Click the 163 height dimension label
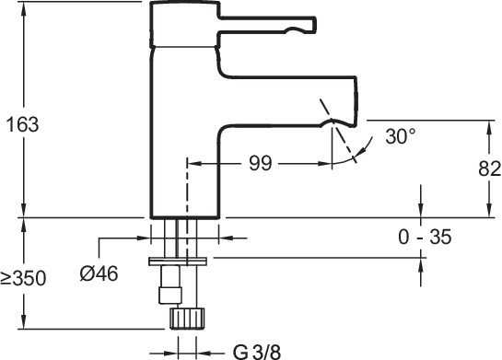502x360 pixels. (x=23, y=124)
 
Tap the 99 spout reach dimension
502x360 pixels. (x=261, y=163)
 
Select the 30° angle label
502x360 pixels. (x=401, y=136)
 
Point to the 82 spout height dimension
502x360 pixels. (x=490, y=168)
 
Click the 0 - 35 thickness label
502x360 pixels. (x=425, y=238)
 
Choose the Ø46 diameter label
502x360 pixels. (x=99, y=274)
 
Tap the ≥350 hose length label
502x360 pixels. (x=23, y=278)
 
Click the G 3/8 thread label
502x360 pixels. (x=257, y=352)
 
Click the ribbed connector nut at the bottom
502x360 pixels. (x=187, y=318)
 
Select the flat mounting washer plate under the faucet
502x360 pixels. (x=178, y=261)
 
